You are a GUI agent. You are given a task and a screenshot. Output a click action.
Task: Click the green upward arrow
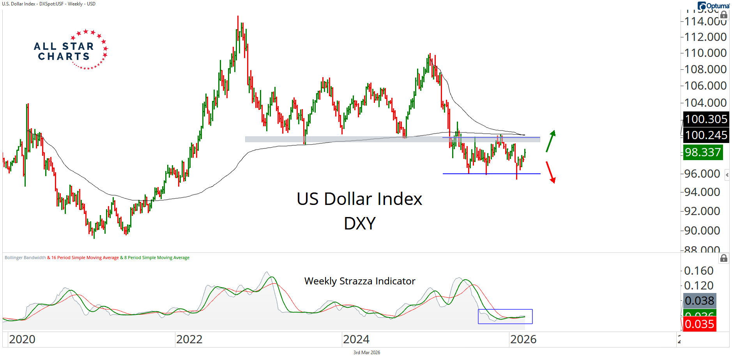coord(550,141)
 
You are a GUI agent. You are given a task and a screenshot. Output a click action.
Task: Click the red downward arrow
coord(550,172)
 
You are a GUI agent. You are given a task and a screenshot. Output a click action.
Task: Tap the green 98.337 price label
coord(703,152)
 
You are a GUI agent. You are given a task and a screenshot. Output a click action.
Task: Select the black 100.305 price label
coord(706,119)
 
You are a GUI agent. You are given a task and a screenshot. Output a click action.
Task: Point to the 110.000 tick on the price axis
coord(705,53)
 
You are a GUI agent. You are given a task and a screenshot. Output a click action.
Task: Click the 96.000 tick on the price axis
coord(702,174)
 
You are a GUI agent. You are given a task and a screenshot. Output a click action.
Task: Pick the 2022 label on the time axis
coord(189,339)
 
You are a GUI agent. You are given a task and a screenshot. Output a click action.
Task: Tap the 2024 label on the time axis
coord(356,339)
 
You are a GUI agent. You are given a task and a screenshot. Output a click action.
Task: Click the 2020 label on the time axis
coord(22,339)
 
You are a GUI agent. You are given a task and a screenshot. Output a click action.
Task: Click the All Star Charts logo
coord(70,50)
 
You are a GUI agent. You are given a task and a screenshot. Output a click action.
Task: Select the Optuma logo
coord(713,6)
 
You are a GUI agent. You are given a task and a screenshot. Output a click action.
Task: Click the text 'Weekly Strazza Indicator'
coord(359,281)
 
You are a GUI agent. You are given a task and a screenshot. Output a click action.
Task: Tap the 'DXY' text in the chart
coord(359,224)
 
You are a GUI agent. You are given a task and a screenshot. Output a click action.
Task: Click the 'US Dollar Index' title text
coord(359,199)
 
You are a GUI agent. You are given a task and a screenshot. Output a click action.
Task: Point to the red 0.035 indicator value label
coord(699,324)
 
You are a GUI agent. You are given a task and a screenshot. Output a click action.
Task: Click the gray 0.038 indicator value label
coord(700,301)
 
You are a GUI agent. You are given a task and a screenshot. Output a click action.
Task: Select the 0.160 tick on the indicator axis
coord(699,271)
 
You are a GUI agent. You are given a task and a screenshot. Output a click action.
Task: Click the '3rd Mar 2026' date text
coord(366,353)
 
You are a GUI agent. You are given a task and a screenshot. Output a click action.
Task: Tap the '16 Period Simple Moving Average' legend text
coord(85,258)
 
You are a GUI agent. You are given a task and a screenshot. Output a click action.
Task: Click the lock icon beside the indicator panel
coord(723,258)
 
